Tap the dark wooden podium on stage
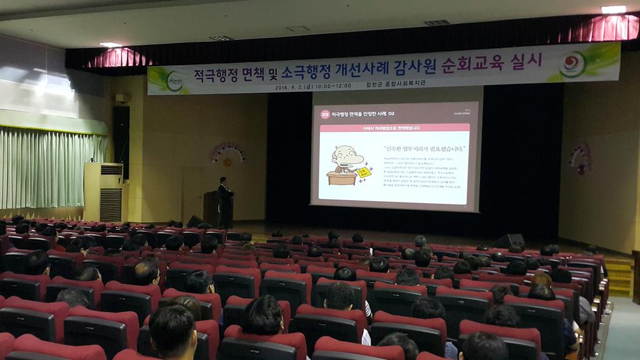212,207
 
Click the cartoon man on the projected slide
346,164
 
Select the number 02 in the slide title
391,114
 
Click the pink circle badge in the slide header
324,114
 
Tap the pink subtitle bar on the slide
394,128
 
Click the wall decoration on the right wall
581,158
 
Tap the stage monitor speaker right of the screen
509,241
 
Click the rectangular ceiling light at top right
613,9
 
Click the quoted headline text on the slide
407,149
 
